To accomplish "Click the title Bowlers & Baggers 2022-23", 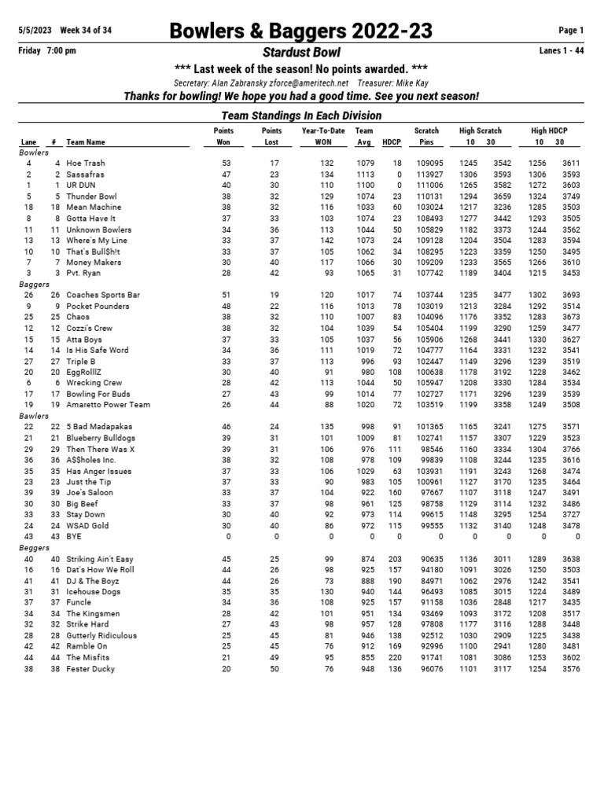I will [x=301, y=31].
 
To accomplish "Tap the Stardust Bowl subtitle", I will [x=301, y=52].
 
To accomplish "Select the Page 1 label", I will [x=571, y=31].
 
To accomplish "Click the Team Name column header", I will [x=86, y=142].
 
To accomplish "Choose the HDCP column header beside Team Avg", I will [x=391, y=142].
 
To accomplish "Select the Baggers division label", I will [x=34, y=284].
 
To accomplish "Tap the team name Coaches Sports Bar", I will [x=103, y=295].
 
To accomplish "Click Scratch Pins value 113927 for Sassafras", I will [x=429, y=174].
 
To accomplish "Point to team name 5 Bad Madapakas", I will [x=100, y=426].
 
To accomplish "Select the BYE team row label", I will [x=74, y=537].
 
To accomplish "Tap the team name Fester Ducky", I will [x=90, y=669].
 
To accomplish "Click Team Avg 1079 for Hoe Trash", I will [x=364, y=163].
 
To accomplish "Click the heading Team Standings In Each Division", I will [x=301, y=116].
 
